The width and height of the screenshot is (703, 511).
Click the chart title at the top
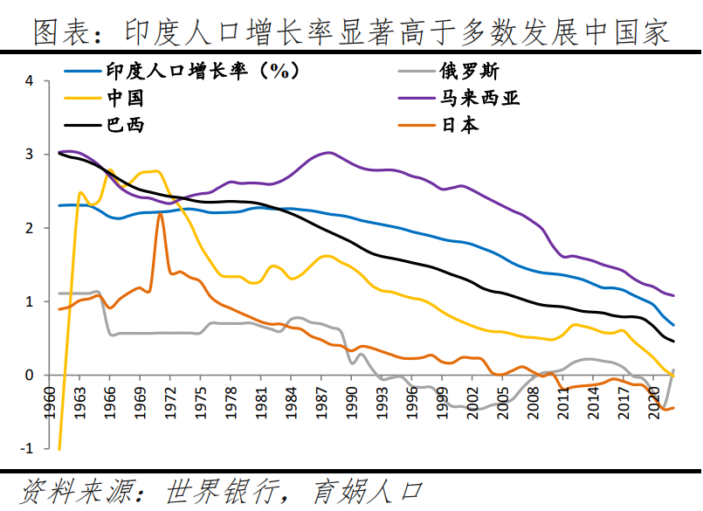(351, 32)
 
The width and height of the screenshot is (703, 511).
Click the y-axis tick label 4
(29, 81)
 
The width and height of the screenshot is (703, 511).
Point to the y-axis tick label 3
(29, 155)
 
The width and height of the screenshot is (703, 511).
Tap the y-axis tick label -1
(26, 448)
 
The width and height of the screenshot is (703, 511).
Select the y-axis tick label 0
(29, 375)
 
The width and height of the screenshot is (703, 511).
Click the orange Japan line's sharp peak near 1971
(160, 214)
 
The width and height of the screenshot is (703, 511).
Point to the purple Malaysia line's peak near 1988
(328, 152)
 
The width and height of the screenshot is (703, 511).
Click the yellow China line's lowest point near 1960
(59, 449)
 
